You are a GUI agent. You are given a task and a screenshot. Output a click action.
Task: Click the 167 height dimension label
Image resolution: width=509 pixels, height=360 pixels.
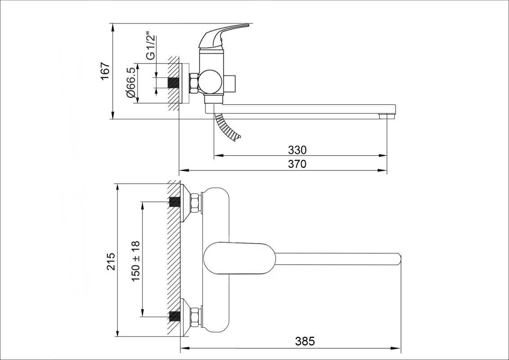pyautogui.click(x=105, y=72)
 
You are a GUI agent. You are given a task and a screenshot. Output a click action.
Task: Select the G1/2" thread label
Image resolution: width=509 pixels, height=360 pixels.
pyautogui.click(x=151, y=46)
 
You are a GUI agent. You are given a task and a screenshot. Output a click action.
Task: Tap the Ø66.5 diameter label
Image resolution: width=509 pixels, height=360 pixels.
pyautogui.click(x=131, y=83)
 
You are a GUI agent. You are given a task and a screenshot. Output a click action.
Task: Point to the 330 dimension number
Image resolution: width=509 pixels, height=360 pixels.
pyautogui.click(x=297, y=150)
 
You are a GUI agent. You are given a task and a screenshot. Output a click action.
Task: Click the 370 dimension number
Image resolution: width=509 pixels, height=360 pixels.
pyautogui.click(x=297, y=164)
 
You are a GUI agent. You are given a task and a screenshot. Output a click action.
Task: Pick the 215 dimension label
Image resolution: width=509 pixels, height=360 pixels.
pyautogui.click(x=111, y=261)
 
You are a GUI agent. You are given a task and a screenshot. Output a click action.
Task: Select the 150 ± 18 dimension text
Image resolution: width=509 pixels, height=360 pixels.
pyautogui.click(x=136, y=261)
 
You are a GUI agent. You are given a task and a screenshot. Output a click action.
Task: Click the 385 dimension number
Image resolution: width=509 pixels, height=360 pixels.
pyautogui.click(x=305, y=341)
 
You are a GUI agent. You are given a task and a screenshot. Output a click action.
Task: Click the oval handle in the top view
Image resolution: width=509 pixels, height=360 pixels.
pyautogui.click(x=239, y=258)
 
